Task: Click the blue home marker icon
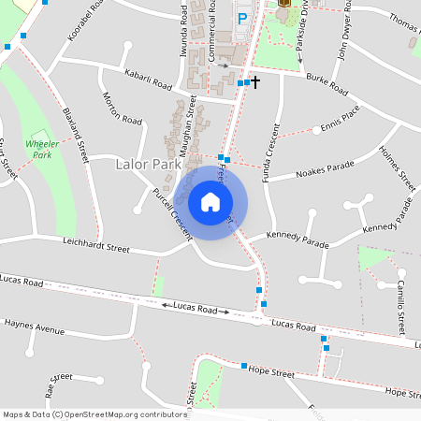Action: point(210,201)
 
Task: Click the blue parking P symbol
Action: point(243,18)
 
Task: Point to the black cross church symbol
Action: point(255,82)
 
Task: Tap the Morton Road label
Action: point(122,109)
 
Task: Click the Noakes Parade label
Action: point(325,171)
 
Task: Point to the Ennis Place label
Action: point(340,123)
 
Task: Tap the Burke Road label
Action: point(327,85)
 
